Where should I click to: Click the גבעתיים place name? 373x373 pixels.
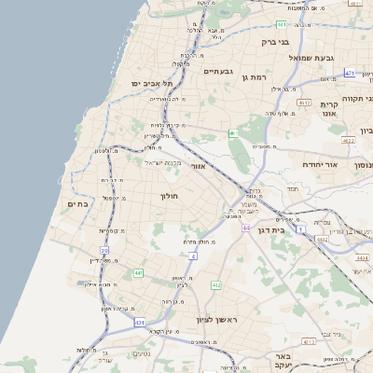pos(217,71)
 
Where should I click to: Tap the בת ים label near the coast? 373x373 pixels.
pos(77,203)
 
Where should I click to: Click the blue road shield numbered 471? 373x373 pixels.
pos(350,73)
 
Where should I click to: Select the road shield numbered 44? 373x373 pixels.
pos(245,228)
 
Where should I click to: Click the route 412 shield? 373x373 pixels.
pos(216,284)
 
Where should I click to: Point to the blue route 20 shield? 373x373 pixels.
pos(104,251)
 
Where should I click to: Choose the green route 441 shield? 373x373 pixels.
pos(138,272)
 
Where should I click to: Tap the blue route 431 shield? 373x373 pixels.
pos(139,323)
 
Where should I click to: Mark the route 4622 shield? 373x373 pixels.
pos(348,141)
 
